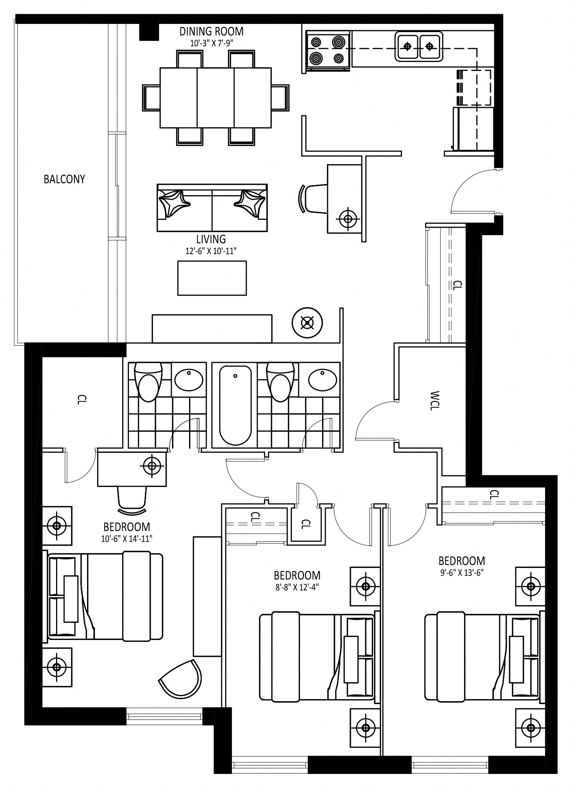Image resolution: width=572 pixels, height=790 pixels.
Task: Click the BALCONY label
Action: tap(64, 179)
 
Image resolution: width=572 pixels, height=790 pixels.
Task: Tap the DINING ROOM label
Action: tap(211, 31)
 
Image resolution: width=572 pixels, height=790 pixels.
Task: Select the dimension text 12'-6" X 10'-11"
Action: tap(211, 251)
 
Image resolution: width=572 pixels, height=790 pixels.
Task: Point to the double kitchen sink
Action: tap(419, 46)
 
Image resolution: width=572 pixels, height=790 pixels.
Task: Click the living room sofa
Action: tap(212, 208)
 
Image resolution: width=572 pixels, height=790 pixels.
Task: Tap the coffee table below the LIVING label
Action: tap(212, 278)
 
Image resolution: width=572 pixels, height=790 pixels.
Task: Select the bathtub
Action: tap(235, 405)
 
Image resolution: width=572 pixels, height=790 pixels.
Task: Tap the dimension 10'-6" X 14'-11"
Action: tap(127, 539)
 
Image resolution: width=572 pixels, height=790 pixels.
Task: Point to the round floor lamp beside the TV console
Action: tap(307, 323)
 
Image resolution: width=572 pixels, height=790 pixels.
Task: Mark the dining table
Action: tap(216, 97)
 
